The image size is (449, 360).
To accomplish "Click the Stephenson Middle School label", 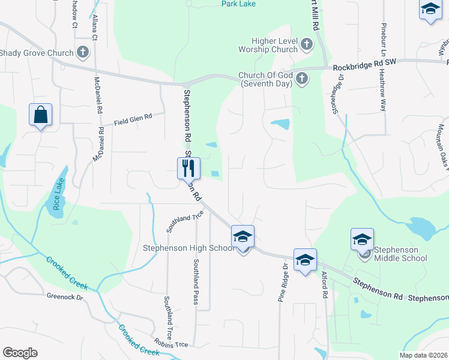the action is [400, 254].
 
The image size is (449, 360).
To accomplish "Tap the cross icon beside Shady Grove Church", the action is [83, 53].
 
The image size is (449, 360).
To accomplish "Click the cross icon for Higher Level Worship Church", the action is [306, 44].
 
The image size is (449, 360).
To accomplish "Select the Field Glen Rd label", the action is [131, 120].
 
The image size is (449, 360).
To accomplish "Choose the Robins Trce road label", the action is [172, 344].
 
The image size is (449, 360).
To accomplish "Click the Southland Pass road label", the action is [196, 281].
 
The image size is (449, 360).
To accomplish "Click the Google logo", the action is [20, 353].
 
